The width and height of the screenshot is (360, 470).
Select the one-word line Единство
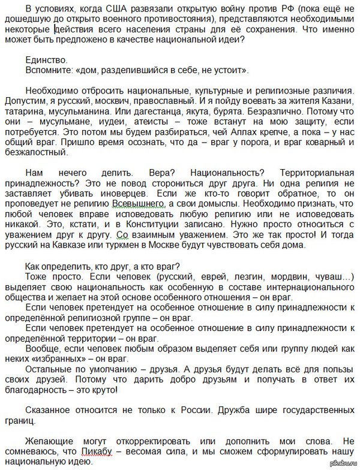47,60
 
